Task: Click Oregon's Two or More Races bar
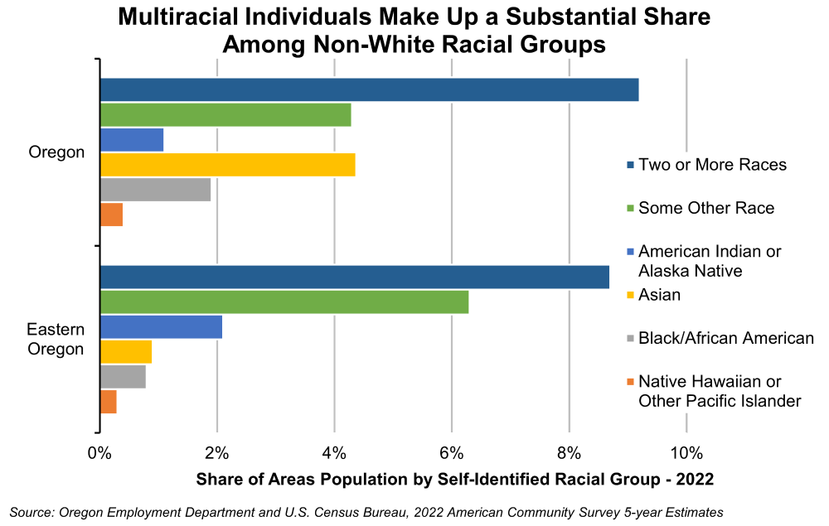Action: click(x=369, y=89)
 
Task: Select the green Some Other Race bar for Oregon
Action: click(x=225, y=114)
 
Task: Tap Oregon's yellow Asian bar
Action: click(x=227, y=165)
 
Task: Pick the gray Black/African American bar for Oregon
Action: click(x=155, y=190)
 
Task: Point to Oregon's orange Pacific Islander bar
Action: click(x=111, y=215)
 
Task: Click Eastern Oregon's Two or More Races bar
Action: click(x=355, y=277)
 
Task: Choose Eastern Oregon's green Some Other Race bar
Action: click(x=284, y=302)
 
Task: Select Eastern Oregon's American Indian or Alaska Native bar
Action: click(x=161, y=327)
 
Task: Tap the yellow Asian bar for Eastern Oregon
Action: click(x=126, y=352)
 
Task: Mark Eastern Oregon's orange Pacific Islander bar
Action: click(x=108, y=402)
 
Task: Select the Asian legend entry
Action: click(x=661, y=295)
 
